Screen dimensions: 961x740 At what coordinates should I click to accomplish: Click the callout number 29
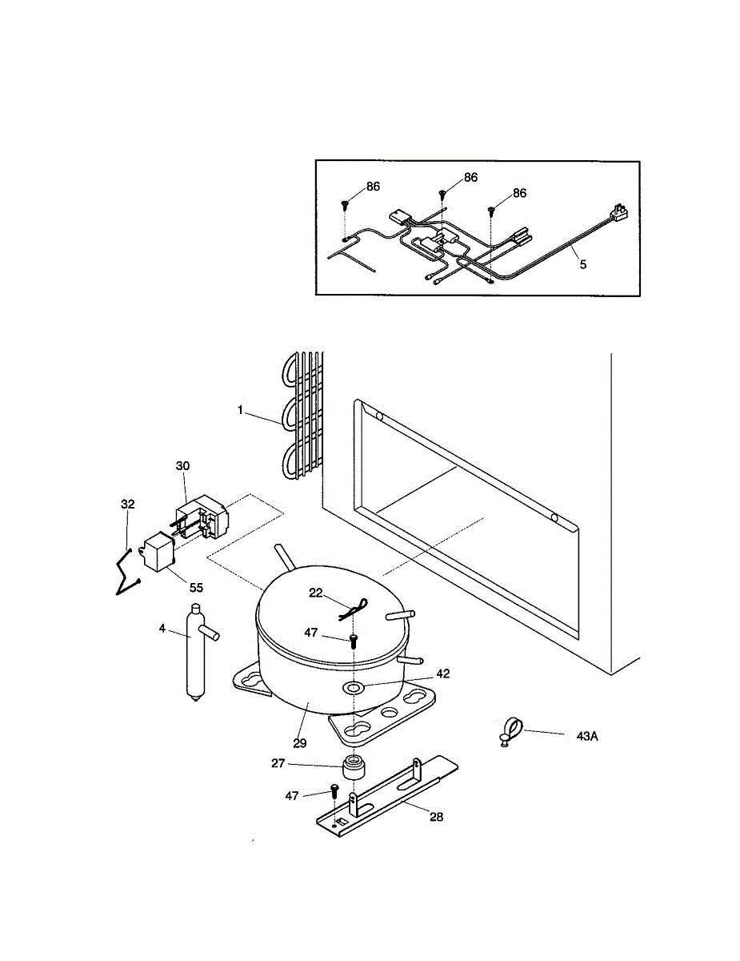coord(299,742)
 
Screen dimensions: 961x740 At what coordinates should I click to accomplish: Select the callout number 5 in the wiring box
coord(582,263)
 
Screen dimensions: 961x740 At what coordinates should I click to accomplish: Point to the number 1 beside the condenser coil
coord(239,410)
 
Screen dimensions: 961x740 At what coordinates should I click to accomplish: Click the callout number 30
coord(183,465)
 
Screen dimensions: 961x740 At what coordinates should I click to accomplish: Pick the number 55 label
coord(196,586)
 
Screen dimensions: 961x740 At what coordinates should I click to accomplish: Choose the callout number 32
coord(128,504)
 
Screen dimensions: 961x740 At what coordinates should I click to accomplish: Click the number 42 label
coord(442,674)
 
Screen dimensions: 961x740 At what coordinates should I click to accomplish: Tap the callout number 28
coord(435,817)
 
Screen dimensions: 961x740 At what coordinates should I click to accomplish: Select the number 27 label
coord(278,764)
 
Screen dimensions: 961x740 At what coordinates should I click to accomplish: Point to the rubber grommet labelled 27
coord(354,768)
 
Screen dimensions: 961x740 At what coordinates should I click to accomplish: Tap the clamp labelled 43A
coord(510,731)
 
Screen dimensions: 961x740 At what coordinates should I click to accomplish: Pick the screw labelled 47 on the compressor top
coord(353,639)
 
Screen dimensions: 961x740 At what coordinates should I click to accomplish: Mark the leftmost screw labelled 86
coord(346,204)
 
